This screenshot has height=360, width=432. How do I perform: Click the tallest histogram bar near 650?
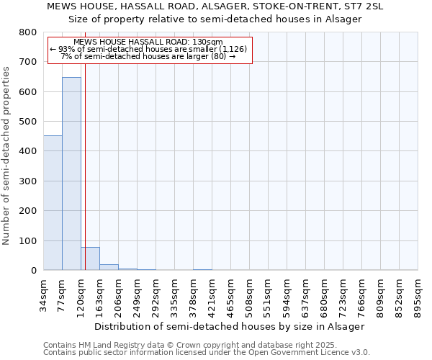coord(71,174)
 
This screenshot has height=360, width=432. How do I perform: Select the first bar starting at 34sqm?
coord(53,203)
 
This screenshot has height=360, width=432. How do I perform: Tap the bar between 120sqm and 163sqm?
coord(91,258)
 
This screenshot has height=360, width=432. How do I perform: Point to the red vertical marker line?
coord(85,151)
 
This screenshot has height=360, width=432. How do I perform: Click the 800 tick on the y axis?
coord(28,32)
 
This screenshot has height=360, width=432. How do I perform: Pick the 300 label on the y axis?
coord(28,181)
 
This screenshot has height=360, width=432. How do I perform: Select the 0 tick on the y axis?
coord(34,270)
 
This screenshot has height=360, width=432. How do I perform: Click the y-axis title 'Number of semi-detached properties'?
coord(6,156)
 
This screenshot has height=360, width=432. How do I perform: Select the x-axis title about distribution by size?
coord(230,327)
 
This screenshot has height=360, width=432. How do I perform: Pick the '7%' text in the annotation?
coord(66,56)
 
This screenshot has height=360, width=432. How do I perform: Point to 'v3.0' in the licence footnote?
coord(360,352)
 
